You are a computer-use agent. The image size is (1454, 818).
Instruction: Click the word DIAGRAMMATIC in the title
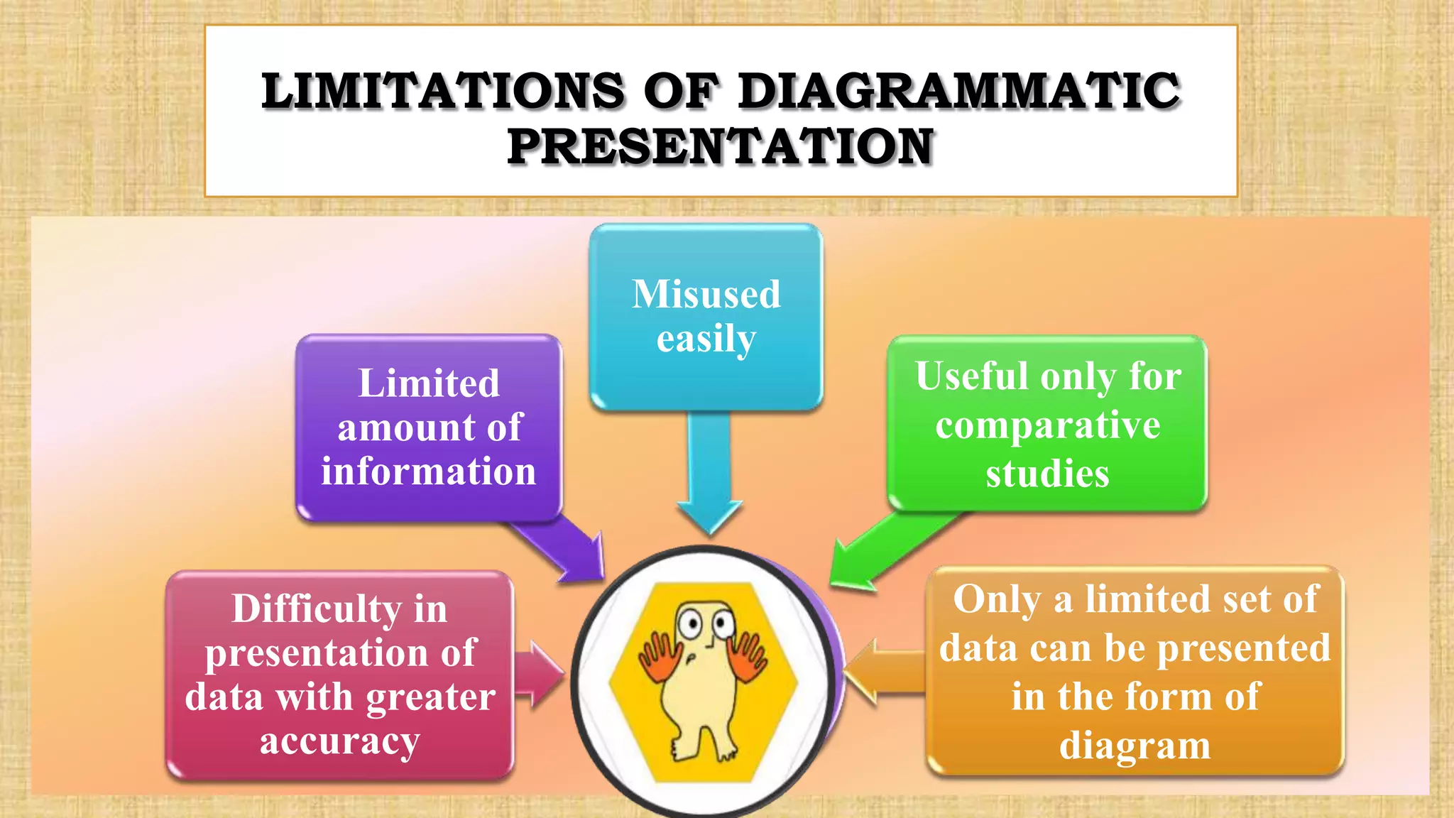coord(959,92)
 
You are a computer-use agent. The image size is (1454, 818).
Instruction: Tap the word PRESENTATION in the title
coord(721,147)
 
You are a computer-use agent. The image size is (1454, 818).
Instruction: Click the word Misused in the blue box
coord(706,294)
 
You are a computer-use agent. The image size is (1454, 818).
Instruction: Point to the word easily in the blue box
coord(706,339)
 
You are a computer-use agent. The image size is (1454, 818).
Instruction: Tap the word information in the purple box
coord(429,471)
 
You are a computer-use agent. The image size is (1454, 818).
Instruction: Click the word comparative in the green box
coord(1048,426)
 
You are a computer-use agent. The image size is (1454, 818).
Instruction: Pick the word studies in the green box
coord(1047,474)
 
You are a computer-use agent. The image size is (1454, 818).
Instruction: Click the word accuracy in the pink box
coord(340,742)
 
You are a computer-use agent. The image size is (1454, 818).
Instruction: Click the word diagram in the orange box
coord(1135,746)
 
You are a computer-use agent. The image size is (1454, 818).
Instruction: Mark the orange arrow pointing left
coord(884,672)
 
